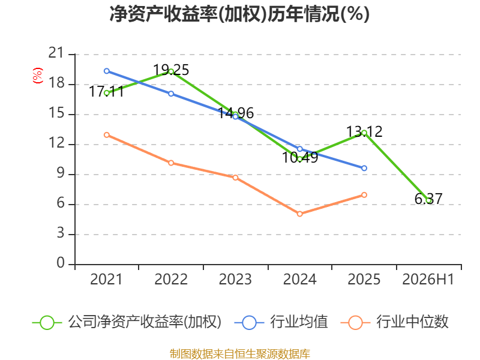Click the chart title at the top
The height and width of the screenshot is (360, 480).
pos(239,14)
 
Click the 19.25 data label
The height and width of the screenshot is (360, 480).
pos(171,70)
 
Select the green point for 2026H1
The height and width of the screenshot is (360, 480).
pos(428,200)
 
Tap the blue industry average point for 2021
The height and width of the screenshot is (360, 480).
pos(107,71)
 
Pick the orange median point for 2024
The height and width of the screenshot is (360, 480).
pos(299,214)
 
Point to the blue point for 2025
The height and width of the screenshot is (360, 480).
pos(364,168)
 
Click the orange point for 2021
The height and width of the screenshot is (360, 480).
pos(107,135)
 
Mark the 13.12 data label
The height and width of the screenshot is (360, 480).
pos(364,132)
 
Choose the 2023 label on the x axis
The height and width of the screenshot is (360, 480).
pos(235,280)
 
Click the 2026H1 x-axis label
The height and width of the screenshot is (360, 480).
pos(428,280)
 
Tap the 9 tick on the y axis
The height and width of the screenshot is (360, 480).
pos(61,173)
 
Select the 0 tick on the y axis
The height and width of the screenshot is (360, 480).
pos(61,263)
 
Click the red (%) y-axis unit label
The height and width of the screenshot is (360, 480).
pos(38,76)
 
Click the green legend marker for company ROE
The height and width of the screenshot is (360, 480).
pos(47,323)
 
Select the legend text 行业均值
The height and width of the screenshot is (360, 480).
pos(299,322)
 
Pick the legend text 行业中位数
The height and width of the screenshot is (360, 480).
pos(412,322)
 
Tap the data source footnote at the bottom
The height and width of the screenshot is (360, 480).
pos(240,354)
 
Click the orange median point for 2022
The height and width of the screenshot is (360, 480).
pos(171,163)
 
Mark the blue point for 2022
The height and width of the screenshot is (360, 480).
pos(171,94)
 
